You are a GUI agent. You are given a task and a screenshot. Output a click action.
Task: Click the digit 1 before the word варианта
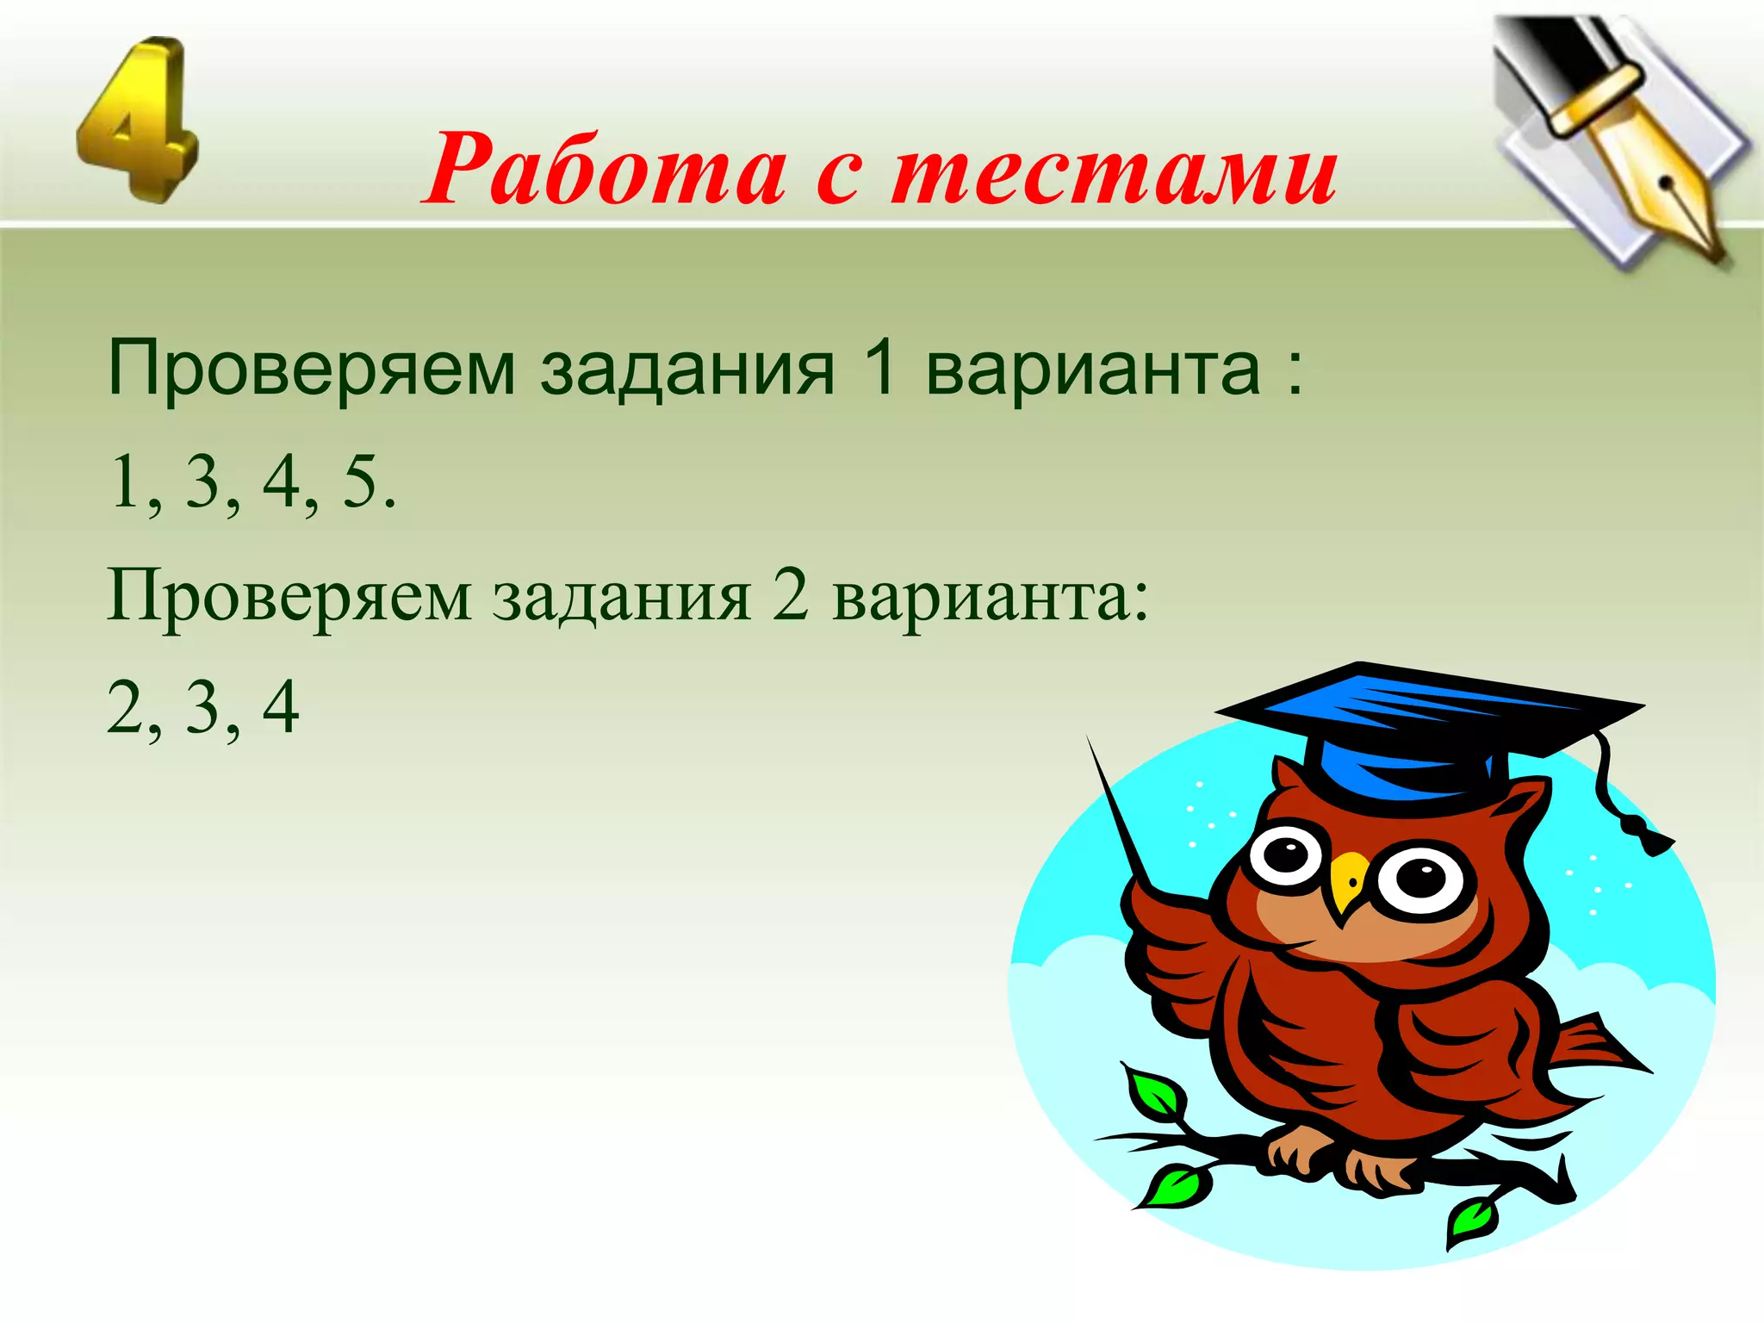pyautogui.click(x=879, y=368)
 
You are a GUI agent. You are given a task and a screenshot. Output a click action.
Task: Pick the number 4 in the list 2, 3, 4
pyautogui.click(x=281, y=707)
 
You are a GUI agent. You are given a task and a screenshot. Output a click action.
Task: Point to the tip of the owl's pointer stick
pyautogui.click(x=1090, y=742)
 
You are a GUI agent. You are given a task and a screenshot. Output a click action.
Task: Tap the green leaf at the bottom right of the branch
pyautogui.click(x=1473, y=1220)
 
